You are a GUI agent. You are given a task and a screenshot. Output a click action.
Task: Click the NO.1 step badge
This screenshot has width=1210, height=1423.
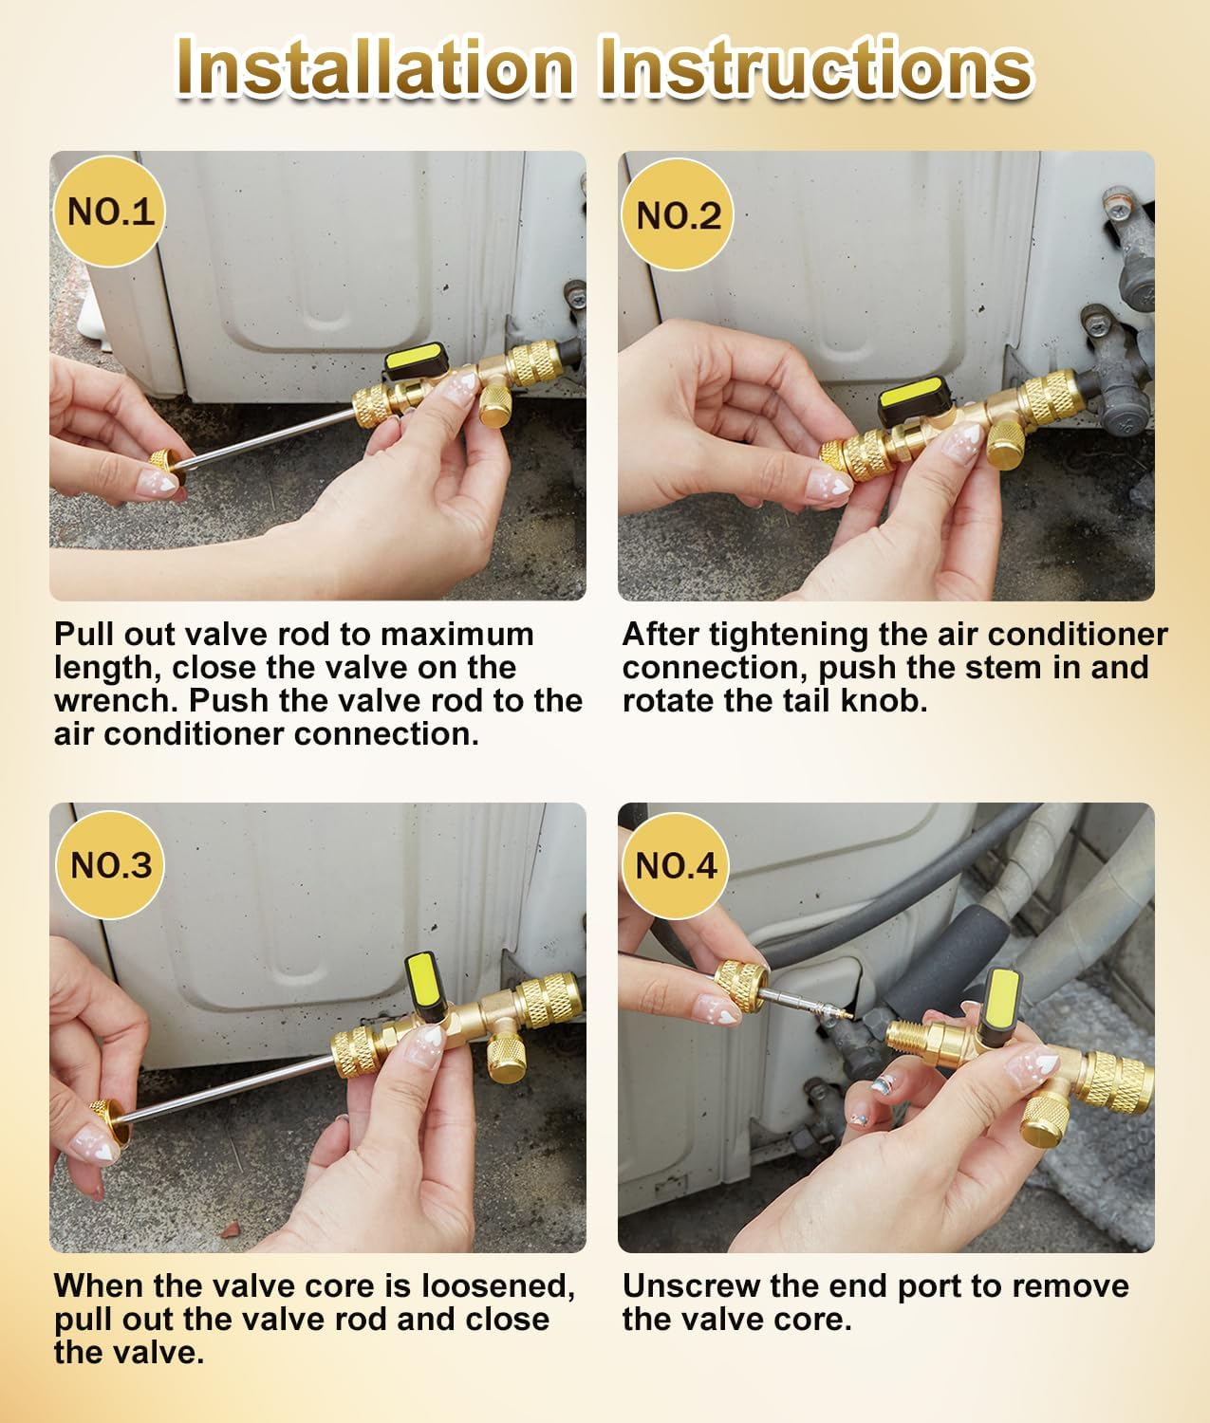(x=110, y=211)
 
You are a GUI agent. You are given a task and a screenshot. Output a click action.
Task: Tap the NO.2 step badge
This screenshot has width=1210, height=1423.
(x=678, y=215)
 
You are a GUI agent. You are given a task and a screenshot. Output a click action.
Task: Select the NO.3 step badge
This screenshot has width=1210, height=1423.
(x=110, y=864)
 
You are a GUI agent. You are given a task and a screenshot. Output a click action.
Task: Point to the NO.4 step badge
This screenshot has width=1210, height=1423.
(x=675, y=865)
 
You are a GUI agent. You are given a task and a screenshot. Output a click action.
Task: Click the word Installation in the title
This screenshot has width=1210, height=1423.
(x=375, y=66)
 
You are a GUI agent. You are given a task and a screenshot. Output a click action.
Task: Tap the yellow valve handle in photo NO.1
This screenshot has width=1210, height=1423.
(x=414, y=361)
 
